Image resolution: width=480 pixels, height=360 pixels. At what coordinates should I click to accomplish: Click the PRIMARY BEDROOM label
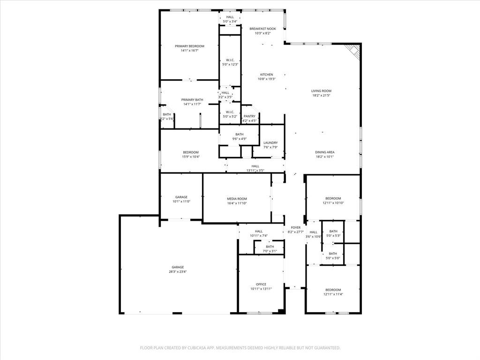click(x=190, y=46)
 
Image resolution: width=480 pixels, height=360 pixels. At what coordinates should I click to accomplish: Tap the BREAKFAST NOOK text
click(x=262, y=29)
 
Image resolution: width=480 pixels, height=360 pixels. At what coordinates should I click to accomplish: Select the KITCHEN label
click(x=267, y=75)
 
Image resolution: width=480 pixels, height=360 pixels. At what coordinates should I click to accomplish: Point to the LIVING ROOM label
click(x=321, y=91)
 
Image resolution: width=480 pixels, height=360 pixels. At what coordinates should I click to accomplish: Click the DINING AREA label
click(x=324, y=152)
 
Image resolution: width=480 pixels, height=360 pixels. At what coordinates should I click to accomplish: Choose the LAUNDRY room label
click(x=270, y=143)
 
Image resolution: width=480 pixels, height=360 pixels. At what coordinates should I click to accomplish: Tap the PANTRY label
click(x=249, y=116)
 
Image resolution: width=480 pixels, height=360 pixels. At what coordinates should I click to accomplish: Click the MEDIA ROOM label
click(x=237, y=199)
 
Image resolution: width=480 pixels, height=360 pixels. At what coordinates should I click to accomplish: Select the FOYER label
click(x=295, y=227)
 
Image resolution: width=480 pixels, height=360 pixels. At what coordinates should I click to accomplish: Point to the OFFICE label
click(x=261, y=284)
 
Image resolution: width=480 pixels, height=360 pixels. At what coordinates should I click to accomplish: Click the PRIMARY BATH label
click(x=192, y=100)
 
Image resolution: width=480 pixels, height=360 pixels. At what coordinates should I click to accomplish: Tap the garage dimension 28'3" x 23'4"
click(x=178, y=271)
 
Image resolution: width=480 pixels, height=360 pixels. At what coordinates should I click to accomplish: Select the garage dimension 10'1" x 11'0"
click(x=181, y=201)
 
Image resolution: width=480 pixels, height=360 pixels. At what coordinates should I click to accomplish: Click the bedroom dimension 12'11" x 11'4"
click(x=333, y=294)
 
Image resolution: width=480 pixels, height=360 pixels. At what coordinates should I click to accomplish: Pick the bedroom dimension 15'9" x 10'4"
click(x=191, y=157)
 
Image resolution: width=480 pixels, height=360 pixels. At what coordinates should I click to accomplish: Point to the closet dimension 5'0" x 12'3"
click(x=230, y=64)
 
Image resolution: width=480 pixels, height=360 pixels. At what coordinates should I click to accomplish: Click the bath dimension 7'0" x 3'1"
click(x=270, y=251)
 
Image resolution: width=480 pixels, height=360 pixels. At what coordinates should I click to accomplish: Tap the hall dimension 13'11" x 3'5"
click(x=255, y=170)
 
